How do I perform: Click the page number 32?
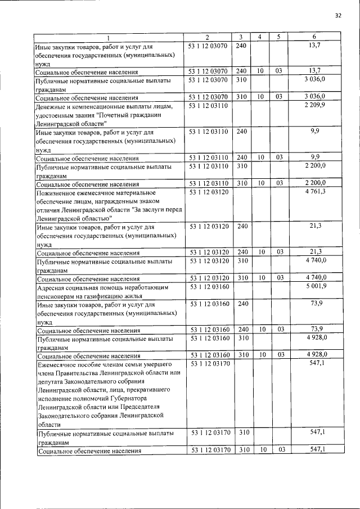point(338,16)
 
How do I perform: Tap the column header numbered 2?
point(208,37)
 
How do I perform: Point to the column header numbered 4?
point(259,37)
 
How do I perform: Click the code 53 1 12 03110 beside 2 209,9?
point(208,105)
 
